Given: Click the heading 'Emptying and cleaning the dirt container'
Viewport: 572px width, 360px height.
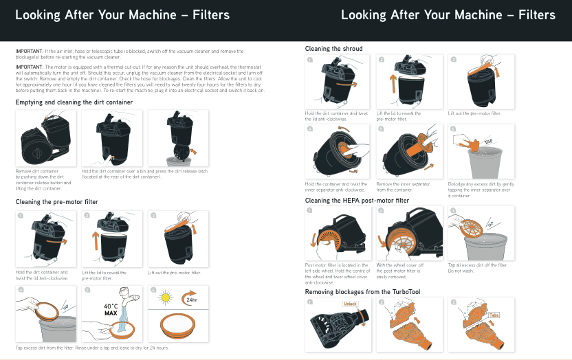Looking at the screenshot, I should (74, 102).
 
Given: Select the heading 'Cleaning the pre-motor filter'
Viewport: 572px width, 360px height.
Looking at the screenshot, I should (57, 202).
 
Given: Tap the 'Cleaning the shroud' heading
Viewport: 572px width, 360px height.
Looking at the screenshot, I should (333, 49).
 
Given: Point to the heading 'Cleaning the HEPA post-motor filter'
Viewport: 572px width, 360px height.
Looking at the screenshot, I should (357, 201).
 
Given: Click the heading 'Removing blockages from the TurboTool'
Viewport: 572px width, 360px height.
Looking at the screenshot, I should (362, 292).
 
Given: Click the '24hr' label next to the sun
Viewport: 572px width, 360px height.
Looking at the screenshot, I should (192, 300).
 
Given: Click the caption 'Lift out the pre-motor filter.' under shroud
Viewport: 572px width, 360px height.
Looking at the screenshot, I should (474, 113).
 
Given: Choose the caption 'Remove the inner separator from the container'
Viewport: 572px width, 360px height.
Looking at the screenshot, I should (403, 186).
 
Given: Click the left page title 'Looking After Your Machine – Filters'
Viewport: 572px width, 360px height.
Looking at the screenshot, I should (122, 15).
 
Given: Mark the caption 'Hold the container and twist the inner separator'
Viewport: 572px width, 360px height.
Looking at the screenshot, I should (336, 186).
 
